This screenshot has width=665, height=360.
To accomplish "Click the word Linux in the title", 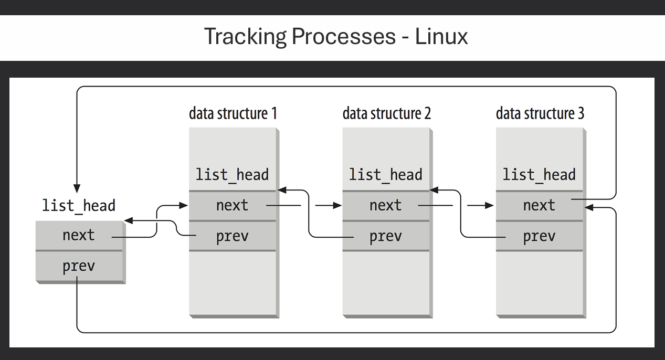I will tap(441, 37).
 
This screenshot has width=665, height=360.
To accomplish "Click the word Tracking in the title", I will tap(245, 37).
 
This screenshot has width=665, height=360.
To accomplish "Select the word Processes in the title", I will tap(343, 37).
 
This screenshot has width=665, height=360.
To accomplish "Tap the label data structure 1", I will tap(233, 113).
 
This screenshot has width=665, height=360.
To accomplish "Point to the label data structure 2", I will tap(386, 113).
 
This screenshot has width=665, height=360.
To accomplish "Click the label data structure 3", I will tap(540, 113).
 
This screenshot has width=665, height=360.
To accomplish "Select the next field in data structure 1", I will tap(232, 206).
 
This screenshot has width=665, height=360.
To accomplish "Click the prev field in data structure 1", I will tap(232, 236).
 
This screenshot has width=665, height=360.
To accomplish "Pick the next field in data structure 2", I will tap(385, 206).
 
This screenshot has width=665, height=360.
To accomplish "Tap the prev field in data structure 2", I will tap(385, 236).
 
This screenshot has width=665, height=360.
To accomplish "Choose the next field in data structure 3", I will tap(539, 206).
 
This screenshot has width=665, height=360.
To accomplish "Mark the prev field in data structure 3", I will tap(539, 236).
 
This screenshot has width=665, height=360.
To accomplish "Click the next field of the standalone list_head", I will tap(79, 235).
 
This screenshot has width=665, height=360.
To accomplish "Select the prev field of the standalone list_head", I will tap(79, 266).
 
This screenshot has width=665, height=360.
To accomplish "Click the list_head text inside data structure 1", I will tap(232, 175).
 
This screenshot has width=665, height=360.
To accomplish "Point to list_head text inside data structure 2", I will tap(385, 175).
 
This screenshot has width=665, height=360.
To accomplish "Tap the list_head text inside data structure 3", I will tap(539, 175).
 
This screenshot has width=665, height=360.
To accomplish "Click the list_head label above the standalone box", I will tap(79, 205).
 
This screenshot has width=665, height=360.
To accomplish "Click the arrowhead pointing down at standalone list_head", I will tap(77, 188).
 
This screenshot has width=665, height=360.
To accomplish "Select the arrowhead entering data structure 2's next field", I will tap(337, 206).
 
